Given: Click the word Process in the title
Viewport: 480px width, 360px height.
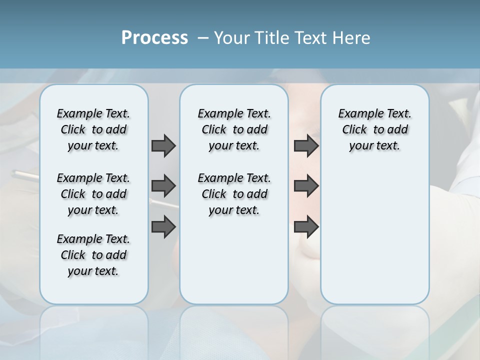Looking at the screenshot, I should click(x=154, y=38).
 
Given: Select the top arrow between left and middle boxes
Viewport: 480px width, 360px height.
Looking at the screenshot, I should click(x=163, y=145).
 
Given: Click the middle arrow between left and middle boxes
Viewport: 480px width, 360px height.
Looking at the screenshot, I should click(x=163, y=186).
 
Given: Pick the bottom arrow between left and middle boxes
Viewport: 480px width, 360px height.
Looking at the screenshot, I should click(x=163, y=227).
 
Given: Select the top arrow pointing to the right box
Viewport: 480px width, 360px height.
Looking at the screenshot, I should click(x=306, y=145).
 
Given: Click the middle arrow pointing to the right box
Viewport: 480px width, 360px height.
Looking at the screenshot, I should click(x=306, y=186).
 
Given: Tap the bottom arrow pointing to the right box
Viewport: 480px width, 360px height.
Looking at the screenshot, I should click(x=306, y=227).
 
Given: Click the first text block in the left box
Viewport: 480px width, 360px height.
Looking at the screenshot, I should click(x=93, y=129).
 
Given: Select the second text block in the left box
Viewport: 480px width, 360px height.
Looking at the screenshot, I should click(x=93, y=194).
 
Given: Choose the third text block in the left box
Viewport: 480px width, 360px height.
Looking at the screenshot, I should click(x=93, y=255).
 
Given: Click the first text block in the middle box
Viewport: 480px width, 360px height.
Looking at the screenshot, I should click(x=234, y=129).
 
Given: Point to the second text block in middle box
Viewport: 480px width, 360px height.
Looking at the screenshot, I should click(x=234, y=194).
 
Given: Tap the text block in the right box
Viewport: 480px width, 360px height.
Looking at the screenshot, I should click(x=374, y=129).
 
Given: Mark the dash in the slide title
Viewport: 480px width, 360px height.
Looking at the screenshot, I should click(x=203, y=38).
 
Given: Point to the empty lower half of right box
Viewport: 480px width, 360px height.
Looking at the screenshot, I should click(x=374, y=240).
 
